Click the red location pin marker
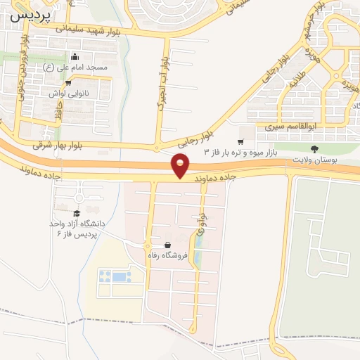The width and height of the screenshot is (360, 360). point(181,166)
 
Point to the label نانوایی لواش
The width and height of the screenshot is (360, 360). point(67,92)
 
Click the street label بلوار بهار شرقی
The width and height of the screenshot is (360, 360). point(59,143)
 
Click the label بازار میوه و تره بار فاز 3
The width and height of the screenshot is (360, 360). point(243,152)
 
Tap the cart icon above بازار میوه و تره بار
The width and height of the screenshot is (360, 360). point(240,141)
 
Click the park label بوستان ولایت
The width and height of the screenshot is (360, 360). point(314,159)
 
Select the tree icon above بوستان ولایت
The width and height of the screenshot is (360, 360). point(314,148)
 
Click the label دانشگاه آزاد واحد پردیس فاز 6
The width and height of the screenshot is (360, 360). point(77,228)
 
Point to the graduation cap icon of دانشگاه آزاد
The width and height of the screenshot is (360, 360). point(76,212)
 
